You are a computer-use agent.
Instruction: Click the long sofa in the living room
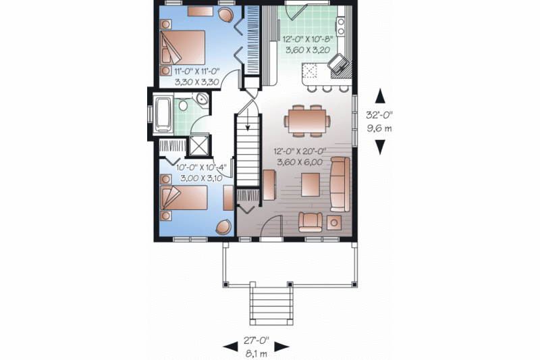[339, 183]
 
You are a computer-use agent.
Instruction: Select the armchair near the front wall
[310, 221]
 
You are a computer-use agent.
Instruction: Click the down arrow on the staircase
[248, 124]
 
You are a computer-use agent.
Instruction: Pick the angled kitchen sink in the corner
[337, 64]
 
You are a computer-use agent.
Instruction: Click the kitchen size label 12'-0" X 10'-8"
[307, 39]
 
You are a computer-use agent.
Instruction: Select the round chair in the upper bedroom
[227, 15]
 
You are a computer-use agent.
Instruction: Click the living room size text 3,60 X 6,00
[298, 162]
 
